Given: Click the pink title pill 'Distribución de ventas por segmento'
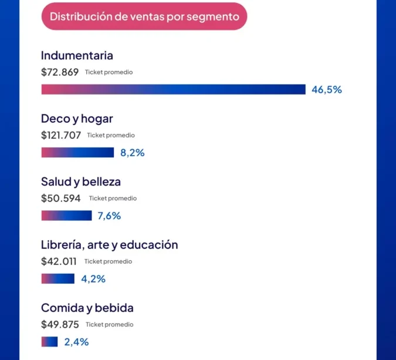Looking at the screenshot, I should pos(144,16).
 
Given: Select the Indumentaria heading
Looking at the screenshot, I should pos(77,56).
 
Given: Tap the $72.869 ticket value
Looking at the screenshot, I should pos(60,72).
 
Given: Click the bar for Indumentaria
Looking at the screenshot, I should pos(173,89).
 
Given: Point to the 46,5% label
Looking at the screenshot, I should pos(327,90).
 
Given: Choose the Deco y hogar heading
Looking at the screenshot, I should pos(77,119).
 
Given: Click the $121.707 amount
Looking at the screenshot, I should pos(61,135).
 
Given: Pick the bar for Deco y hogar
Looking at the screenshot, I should pos(77,153).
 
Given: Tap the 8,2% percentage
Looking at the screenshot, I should pos(133,153).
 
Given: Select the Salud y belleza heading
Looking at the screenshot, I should pos(81,181).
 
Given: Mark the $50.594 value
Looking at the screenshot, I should pos(61,198).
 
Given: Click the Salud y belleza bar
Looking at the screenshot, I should pos(66,216).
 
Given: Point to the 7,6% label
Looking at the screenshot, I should pos(109,216).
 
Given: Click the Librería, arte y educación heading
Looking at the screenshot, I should pos(109,244).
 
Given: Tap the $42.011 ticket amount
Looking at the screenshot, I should pos(60,261).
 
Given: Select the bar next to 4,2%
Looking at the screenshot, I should pos(57,278).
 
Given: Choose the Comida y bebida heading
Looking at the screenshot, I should pos(87,308).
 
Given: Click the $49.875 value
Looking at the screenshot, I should pos(60,324).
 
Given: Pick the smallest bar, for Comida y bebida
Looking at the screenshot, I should pos(49,342).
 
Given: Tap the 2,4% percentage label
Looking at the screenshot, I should pos(76,342).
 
